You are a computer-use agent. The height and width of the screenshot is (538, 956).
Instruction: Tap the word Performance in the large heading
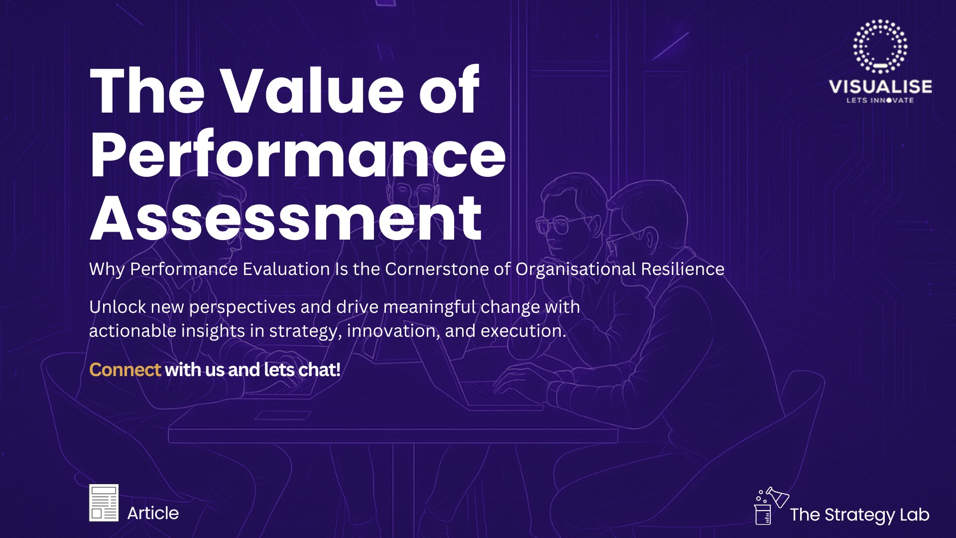[x=298, y=154]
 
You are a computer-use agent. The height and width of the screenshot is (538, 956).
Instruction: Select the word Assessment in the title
[x=286, y=217]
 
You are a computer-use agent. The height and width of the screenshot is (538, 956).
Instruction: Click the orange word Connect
[x=125, y=370]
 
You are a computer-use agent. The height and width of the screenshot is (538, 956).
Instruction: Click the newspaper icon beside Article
[x=104, y=503]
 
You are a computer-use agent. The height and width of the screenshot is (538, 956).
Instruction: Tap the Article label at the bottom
[x=153, y=513]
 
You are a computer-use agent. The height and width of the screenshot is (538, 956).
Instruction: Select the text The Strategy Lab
[x=859, y=515]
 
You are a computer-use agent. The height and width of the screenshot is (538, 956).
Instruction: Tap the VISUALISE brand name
[x=880, y=87]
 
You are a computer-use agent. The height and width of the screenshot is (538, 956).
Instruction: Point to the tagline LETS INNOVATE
[x=880, y=100]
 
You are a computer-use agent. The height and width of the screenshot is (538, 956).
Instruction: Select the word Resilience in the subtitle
[x=683, y=269]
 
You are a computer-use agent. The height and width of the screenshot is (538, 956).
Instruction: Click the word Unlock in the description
[x=118, y=307]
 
